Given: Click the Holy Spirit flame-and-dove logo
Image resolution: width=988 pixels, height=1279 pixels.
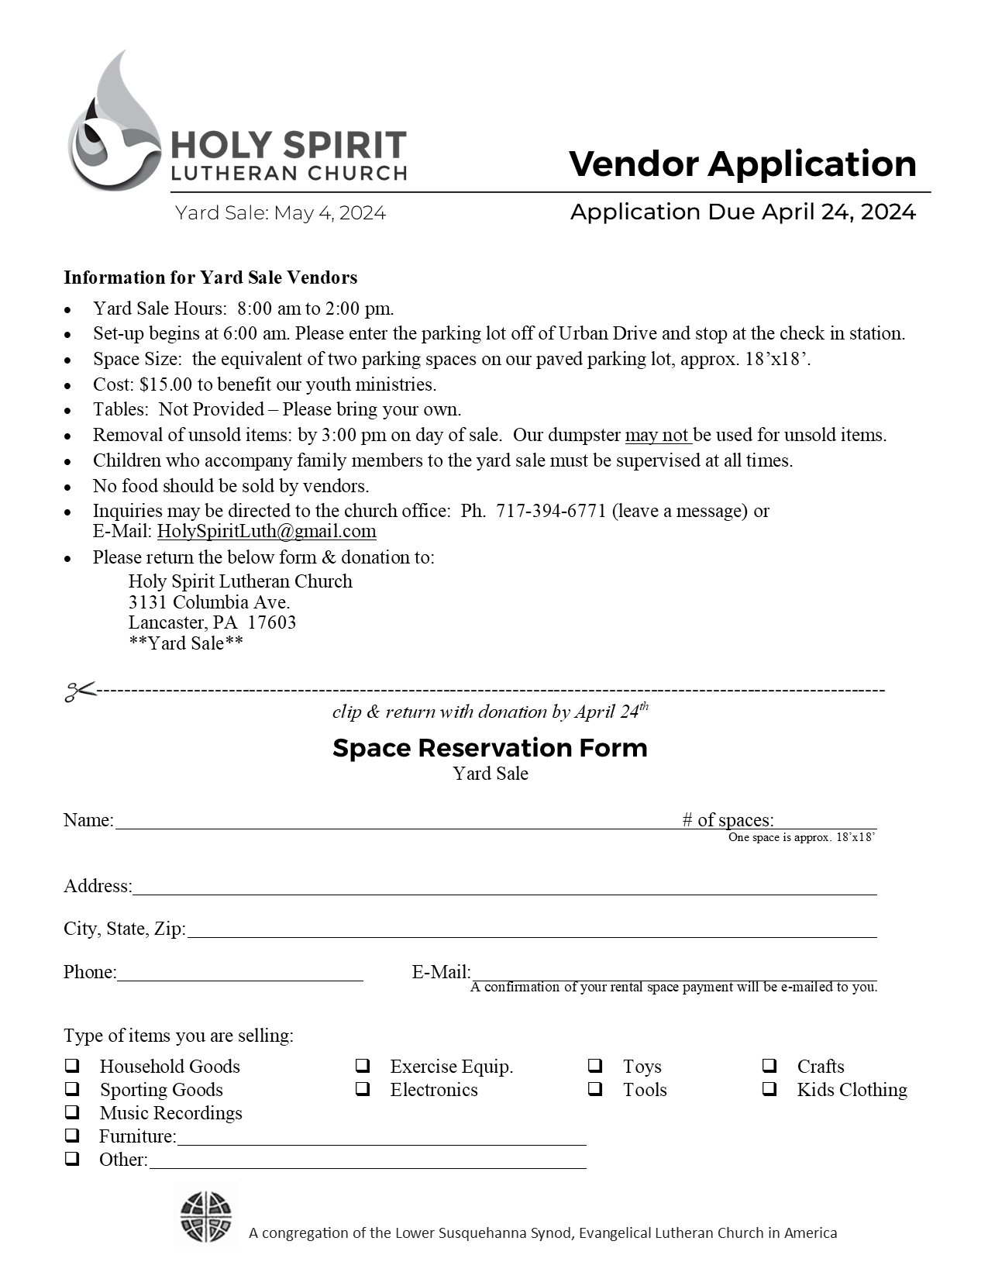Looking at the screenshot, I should point(115,124).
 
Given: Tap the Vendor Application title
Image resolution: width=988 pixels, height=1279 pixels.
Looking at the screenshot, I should point(742,164).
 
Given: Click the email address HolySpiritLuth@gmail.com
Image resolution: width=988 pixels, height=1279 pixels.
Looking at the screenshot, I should point(267,532).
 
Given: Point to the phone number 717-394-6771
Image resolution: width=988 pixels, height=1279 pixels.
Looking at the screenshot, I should point(551,512).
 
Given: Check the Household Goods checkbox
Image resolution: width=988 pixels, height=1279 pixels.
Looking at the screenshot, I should point(72,1067).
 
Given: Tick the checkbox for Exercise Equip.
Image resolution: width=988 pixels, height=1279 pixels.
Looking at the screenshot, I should point(363,1067).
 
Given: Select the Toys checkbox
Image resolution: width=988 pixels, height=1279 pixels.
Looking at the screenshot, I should point(595,1067).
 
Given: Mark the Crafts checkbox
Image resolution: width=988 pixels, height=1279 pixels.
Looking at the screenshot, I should point(769,1067).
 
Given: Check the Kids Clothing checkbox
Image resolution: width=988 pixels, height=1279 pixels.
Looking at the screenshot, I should point(769,1090).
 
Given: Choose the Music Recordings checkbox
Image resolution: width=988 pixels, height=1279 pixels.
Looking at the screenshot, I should point(72,1113).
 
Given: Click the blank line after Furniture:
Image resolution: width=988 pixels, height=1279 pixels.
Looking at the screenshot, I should point(381,1138).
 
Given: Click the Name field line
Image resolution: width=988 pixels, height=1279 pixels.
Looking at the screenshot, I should point(395,822).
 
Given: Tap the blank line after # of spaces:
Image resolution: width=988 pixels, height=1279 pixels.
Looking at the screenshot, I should point(825,822).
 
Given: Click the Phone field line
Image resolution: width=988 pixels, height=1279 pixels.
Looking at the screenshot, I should point(240,974).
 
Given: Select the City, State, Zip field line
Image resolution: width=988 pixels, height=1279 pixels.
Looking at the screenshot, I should point(532,930).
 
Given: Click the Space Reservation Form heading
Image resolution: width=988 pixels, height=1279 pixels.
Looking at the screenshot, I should point(490,748).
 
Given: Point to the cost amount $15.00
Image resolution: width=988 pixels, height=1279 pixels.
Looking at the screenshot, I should point(166,384).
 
